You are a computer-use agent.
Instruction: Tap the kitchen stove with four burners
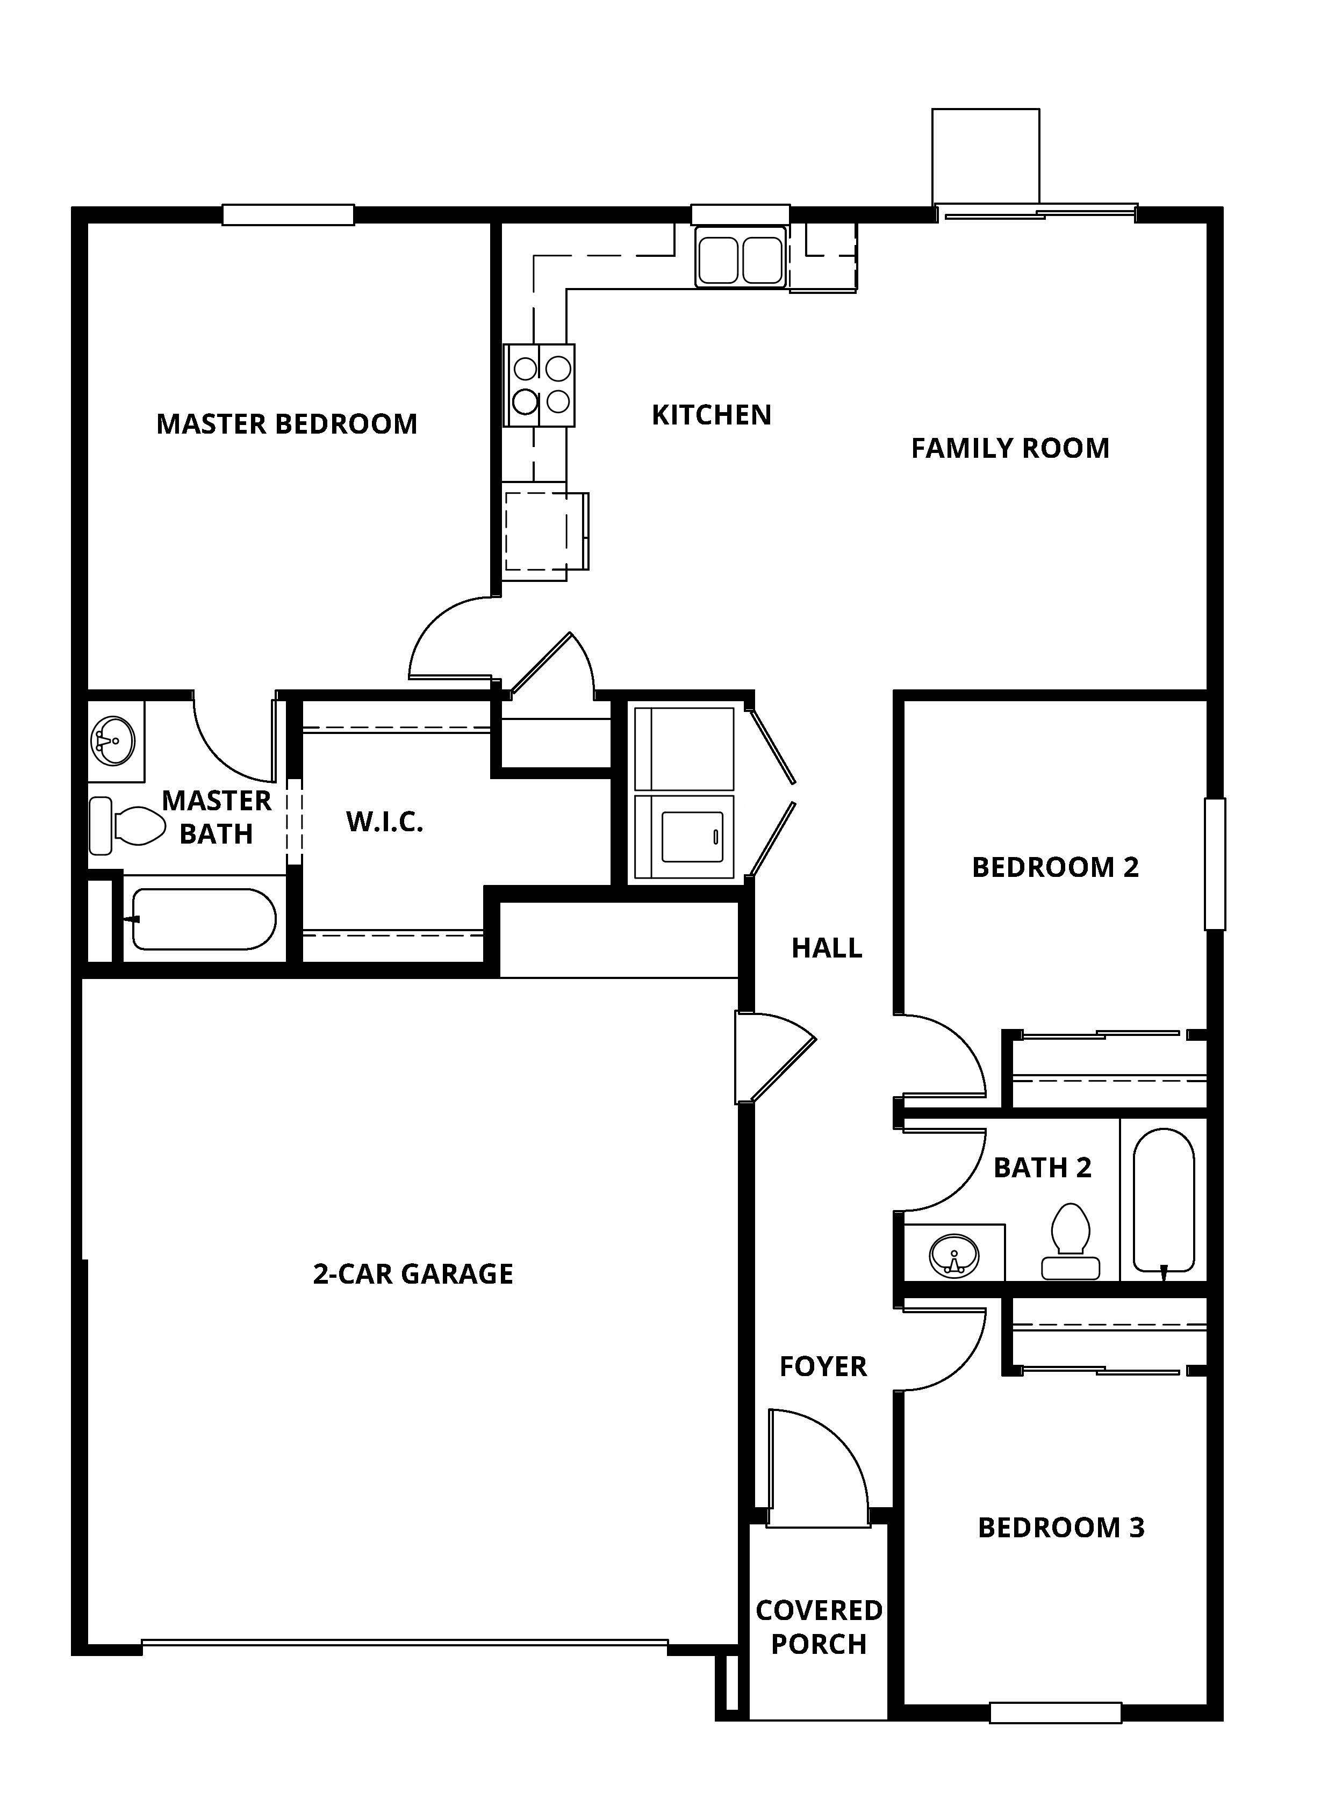[540, 385]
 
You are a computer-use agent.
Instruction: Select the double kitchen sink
[740, 257]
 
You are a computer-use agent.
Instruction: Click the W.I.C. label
[385, 822]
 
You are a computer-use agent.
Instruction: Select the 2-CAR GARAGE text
[413, 1274]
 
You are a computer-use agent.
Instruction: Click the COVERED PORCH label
[819, 1626]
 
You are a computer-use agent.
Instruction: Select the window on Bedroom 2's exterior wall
[1215, 864]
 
